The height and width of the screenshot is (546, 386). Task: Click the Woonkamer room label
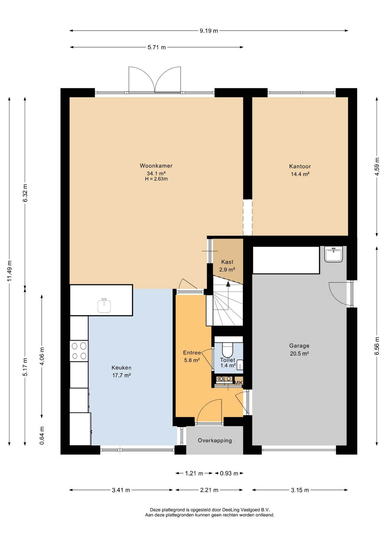(156, 166)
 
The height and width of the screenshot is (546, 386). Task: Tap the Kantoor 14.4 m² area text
(300, 174)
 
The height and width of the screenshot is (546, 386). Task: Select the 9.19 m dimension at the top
(209, 31)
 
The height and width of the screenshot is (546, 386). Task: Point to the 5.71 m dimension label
(157, 47)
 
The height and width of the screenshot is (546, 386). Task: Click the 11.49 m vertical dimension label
(10, 271)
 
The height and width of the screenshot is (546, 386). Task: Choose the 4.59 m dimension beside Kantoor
(377, 166)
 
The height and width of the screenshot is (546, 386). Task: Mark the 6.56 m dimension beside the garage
(377, 346)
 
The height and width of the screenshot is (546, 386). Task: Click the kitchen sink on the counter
(104, 305)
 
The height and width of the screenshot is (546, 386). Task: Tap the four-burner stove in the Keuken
(79, 351)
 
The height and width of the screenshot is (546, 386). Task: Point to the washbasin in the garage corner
(334, 254)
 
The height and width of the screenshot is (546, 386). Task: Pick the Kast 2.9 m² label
(227, 266)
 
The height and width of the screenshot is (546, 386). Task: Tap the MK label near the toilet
(238, 383)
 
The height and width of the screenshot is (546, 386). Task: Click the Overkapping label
(215, 440)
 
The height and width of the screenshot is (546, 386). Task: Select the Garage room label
(299, 346)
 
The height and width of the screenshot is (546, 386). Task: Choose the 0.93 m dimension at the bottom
(229, 473)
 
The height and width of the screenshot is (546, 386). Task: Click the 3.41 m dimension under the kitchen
(121, 490)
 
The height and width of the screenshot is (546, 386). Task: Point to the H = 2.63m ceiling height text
(156, 179)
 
